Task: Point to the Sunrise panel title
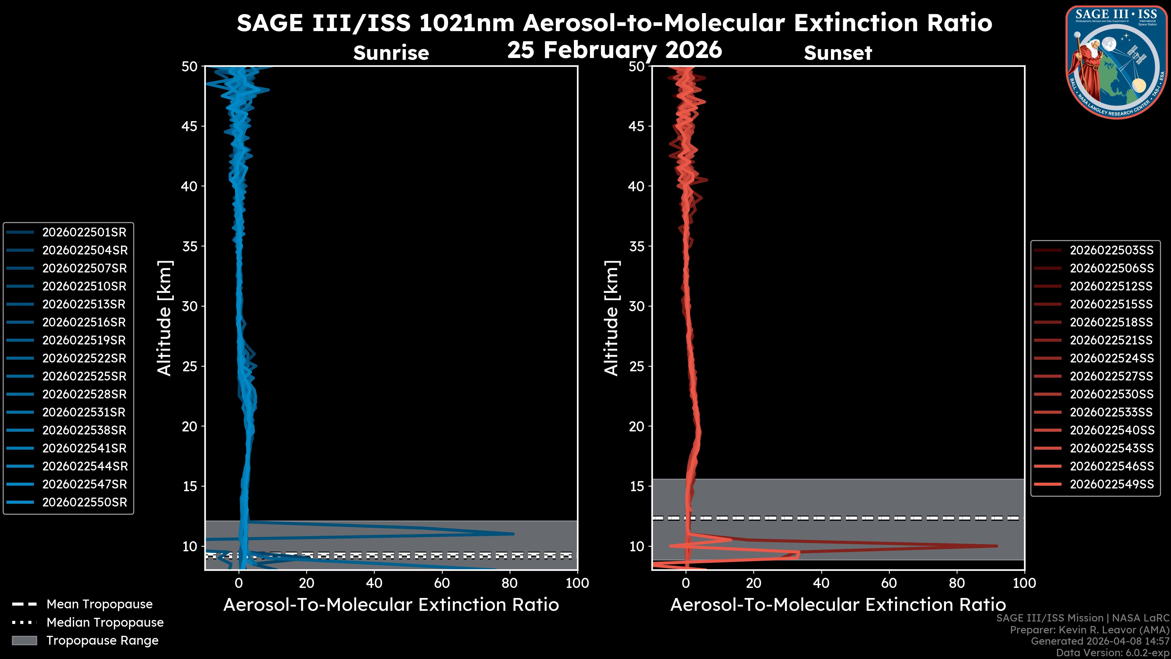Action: pyautogui.click(x=391, y=53)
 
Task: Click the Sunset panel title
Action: pyautogui.click(x=838, y=53)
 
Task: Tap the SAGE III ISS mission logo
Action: pyautogui.click(x=1116, y=62)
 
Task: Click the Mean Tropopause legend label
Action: pyautogui.click(x=99, y=604)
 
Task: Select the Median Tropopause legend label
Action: pyautogui.click(x=105, y=623)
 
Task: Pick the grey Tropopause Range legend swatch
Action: pyautogui.click(x=24, y=640)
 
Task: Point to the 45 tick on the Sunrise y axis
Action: pyautogui.click(x=190, y=126)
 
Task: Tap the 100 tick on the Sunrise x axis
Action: pyautogui.click(x=577, y=583)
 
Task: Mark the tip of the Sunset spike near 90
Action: pyautogui.click(x=997, y=546)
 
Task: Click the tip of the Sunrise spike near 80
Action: pyautogui.click(x=513, y=534)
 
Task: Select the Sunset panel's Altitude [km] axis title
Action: pyautogui.click(x=611, y=318)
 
